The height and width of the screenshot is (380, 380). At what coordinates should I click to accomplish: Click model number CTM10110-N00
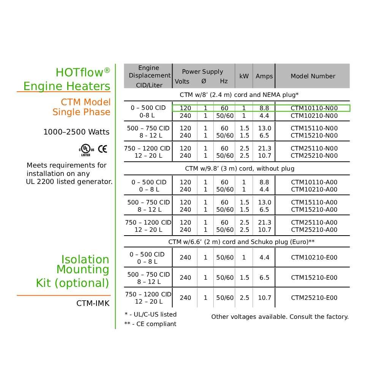click(314, 108)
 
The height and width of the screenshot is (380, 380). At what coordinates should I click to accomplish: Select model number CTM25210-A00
click(314, 230)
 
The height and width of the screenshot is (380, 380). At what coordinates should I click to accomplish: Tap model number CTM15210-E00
click(314, 278)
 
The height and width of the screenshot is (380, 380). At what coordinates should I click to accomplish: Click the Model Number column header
click(313, 76)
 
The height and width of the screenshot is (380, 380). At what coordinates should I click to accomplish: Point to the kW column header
click(244, 76)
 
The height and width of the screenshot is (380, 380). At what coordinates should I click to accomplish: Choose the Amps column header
click(264, 76)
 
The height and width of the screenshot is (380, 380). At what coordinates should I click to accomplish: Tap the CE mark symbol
click(103, 149)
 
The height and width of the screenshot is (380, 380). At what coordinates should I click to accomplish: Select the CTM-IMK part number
click(93, 303)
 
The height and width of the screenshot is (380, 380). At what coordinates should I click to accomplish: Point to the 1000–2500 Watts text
click(76, 132)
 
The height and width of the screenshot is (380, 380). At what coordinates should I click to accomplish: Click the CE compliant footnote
click(150, 324)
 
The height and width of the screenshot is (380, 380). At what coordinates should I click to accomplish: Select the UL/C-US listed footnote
click(150, 315)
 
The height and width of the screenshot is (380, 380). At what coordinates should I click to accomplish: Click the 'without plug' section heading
click(239, 168)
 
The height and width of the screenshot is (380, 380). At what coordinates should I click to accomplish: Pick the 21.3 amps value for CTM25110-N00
click(264, 149)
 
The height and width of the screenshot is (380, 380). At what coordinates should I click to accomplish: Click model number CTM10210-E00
click(314, 258)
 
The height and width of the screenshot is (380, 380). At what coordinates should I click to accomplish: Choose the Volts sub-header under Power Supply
click(182, 81)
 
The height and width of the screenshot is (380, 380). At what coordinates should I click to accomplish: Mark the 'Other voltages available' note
click(280, 317)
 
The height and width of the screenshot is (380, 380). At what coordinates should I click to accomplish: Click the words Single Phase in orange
click(81, 112)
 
